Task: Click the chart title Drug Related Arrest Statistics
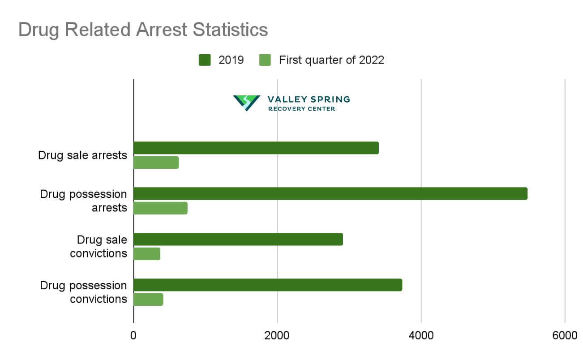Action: pyautogui.click(x=143, y=30)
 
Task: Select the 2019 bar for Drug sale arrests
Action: pyautogui.click(x=256, y=148)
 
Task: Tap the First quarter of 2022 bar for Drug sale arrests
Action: pyautogui.click(x=156, y=163)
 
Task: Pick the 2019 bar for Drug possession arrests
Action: pyautogui.click(x=330, y=193)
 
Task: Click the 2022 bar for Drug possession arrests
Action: pyautogui.click(x=160, y=208)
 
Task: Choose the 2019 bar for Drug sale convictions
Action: pyautogui.click(x=238, y=239)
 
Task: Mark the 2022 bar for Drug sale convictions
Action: pyautogui.click(x=147, y=254)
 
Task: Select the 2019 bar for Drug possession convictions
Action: pyautogui.click(x=268, y=285)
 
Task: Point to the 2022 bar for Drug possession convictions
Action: pyautogui.click(x=148, y=300)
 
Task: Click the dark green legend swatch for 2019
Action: pyautogui.click(x=205, y=60)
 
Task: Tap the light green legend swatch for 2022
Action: pyautogui.click(x=265, y=60)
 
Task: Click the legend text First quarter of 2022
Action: pyautogui.click(x=331, y=60)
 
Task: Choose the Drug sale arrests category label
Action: pyautogui.click(x=82, y=155)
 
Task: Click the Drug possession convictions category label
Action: pyautogui.click(x=83, y=292)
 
